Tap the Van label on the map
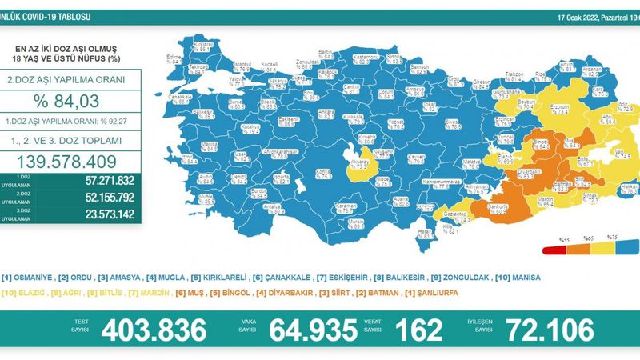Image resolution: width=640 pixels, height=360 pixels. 595,150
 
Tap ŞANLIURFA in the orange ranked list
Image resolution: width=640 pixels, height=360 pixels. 440,293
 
